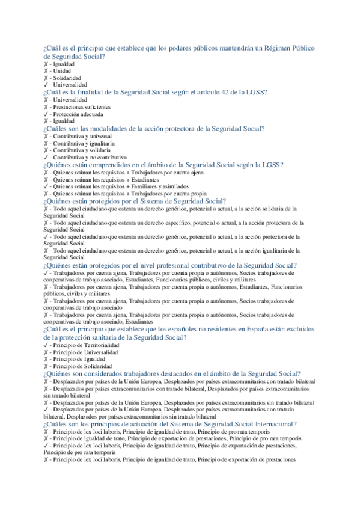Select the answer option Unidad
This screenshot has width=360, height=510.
63,70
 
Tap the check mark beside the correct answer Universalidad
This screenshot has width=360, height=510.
46,85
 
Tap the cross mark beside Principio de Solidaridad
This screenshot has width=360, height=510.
46,366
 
